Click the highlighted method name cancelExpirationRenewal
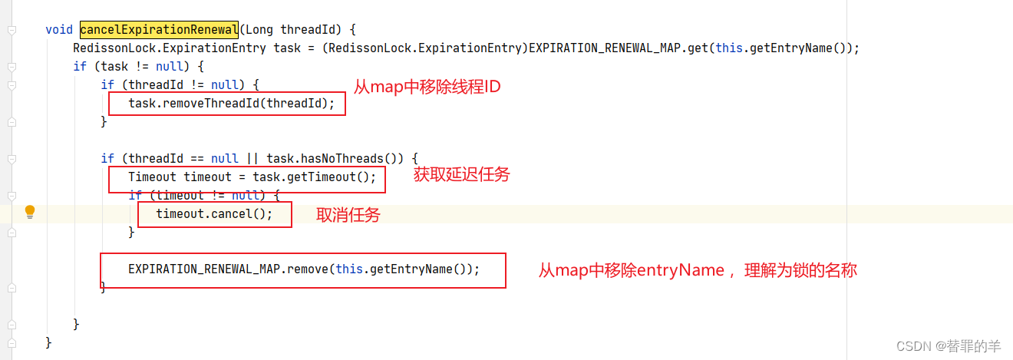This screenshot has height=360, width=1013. tap(159, 30)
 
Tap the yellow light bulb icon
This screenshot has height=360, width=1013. tap(30, 211)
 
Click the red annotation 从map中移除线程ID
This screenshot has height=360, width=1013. tap(427, 87)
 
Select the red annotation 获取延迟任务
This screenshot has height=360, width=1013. tap(461, 175)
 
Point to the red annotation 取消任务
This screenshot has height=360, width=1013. tap(348, 216)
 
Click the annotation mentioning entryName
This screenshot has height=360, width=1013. tap(697, 270)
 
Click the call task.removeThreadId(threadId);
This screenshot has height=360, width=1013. tap(231, 103)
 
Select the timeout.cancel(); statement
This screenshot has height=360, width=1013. tap(214, 213)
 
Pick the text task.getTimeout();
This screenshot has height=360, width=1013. tap(315, 177)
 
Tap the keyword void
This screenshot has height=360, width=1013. tap(59, 30)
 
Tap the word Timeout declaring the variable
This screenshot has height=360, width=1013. tap(152, 177)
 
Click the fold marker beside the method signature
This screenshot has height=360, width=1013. tap(12, 30)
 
